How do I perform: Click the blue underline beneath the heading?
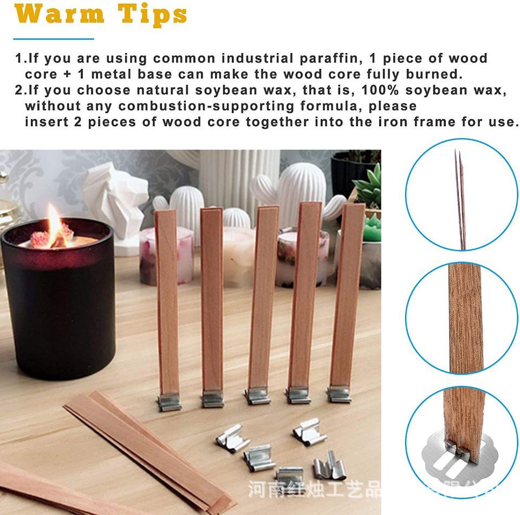[54, 39]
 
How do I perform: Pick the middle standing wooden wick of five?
[263, 298]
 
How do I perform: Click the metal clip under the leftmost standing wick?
[170, 402]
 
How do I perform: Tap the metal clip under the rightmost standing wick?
[340, 394]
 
